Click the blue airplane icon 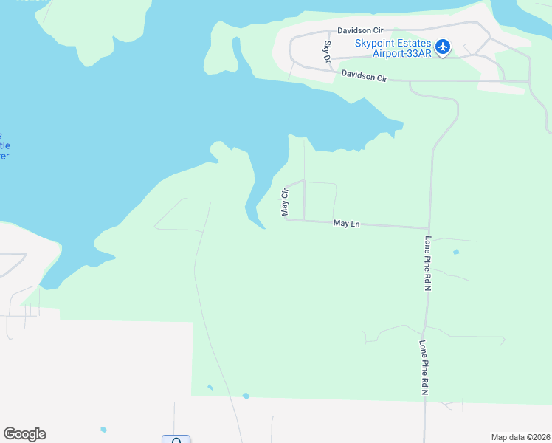pyautogui.click(x=443, y=47)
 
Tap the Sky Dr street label pyautogui.click(x=327, y=51)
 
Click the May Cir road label pyautogui.click(x=284, y=201)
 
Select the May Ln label pyautogui.click(x=346, y=222)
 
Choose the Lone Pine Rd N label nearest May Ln pyautogui.click(x=427, y=264)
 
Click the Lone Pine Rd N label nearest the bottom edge pyautogui.click(x=424, y=367)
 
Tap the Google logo pyautogui.click(x=24, y=434)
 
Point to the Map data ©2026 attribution pyautogui.click(x=520, y=437)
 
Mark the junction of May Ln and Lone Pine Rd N pyautogui.click(x=429, y=228)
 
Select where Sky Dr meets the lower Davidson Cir pyautogui.click(x=329, y=72)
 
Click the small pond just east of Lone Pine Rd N pyautogui.click(x=456, y=253)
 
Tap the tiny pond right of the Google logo pyautogui.click(x=103, y=430)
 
